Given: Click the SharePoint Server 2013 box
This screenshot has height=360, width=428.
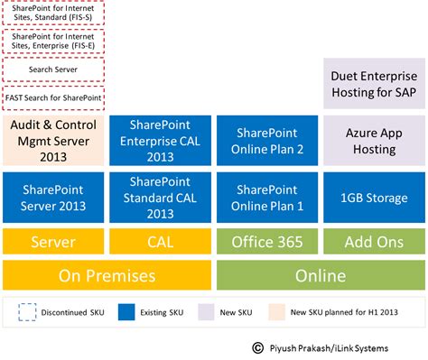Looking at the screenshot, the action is coord(53,198).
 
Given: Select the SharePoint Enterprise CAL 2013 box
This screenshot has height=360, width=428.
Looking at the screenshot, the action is coord(160,141).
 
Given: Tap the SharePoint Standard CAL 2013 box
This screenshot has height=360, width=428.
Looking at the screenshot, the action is coord(160,198).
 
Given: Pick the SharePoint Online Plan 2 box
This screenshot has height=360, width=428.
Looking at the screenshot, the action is coord(267,141).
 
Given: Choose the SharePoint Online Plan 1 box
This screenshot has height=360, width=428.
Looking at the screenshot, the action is coord(267,198).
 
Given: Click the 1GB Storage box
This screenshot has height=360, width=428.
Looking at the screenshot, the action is coord(374,198).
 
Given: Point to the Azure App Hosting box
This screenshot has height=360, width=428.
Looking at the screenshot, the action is coord(374,141).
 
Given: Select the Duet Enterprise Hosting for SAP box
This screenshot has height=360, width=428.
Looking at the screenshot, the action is coord(374,83).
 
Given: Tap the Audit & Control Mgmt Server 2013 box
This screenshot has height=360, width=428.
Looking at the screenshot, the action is coord(53,141).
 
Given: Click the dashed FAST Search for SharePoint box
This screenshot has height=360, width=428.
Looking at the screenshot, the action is coord(53,98).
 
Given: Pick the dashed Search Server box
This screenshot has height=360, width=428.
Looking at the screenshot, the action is coord(53,69).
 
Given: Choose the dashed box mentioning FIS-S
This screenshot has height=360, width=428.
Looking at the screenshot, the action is coord(53,13).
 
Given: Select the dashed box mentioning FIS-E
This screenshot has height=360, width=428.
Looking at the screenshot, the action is coord(53,42).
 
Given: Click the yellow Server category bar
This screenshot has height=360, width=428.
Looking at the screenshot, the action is coord(53,242).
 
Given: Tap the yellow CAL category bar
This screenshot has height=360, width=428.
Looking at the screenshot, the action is coord(160,242).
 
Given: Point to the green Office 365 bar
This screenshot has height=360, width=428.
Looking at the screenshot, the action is coord(267,242).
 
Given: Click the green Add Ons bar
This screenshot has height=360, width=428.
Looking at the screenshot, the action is coord(374,242).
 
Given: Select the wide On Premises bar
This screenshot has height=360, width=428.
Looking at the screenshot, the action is coord(107,275).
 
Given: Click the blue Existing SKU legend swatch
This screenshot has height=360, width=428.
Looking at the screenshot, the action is coord(126,312).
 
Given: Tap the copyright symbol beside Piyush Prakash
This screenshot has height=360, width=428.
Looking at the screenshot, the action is coord(257,348).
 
